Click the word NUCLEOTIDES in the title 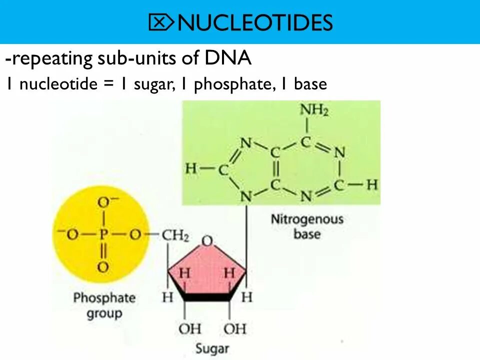255,22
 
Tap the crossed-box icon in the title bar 161,22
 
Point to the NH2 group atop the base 314,110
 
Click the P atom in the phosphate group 103,234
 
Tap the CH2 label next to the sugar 175,234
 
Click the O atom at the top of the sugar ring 206,242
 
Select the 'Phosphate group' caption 104,305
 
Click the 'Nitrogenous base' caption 307,226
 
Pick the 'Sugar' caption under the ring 211,348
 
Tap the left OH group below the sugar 189,328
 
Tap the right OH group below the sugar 234,328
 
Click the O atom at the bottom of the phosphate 103,267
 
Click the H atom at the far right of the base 372,185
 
